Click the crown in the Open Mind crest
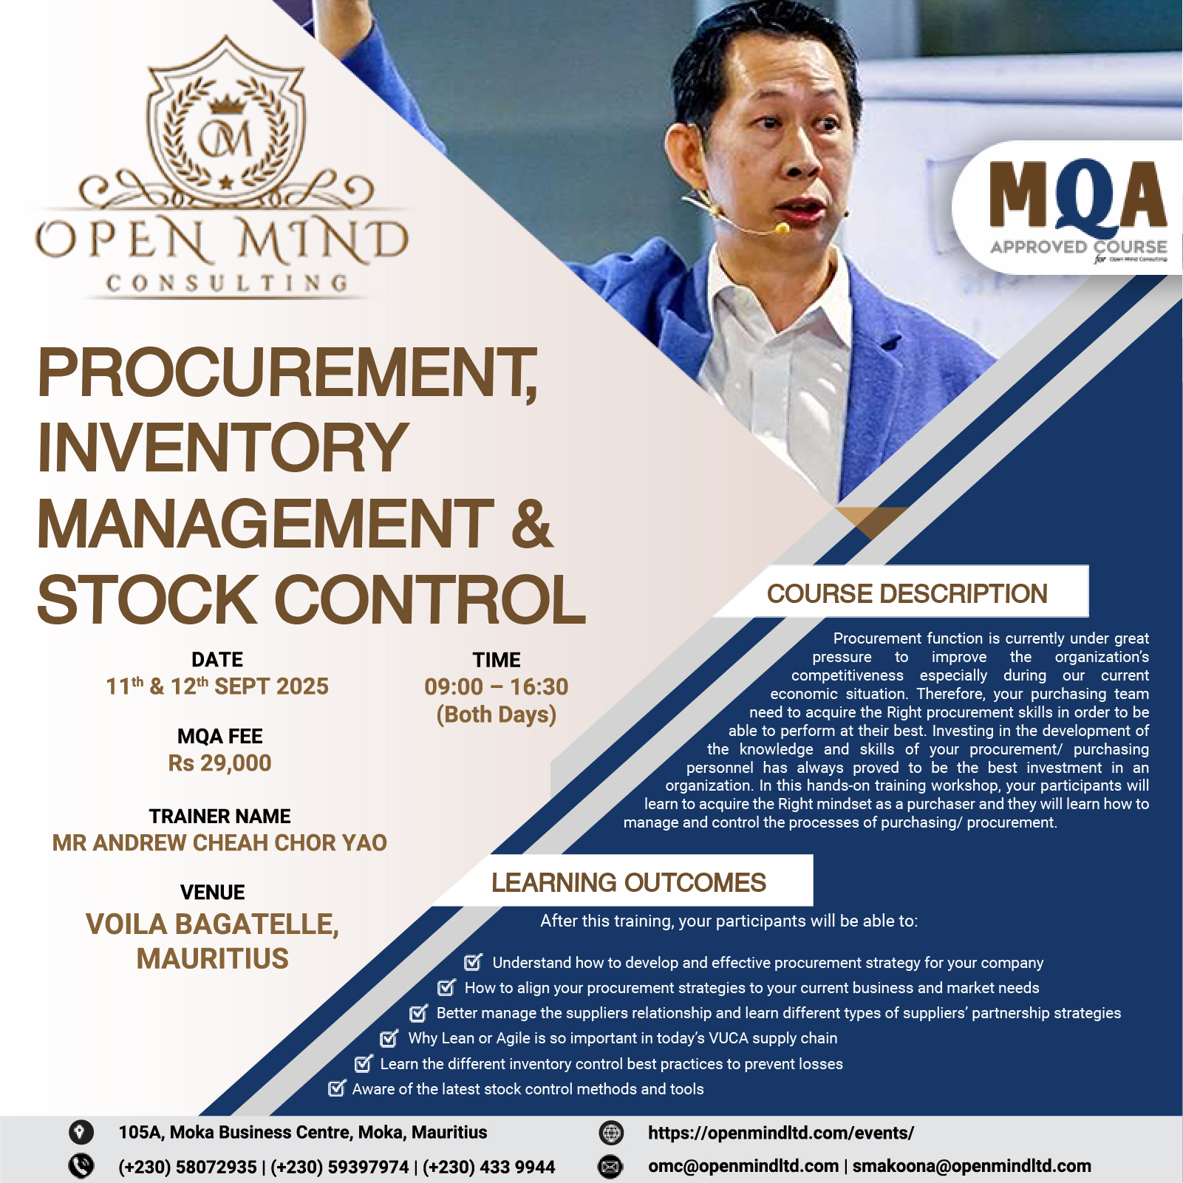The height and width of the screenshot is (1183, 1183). [227, 104]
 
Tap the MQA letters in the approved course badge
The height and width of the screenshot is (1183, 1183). [1077, 194]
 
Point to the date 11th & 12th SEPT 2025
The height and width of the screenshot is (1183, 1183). [217, 686]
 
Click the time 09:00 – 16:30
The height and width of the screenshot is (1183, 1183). [497, 686]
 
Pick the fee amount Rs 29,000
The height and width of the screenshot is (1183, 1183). [219, 763]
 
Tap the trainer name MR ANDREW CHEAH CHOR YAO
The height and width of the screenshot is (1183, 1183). [219, 842]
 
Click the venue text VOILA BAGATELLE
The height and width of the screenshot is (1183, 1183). [212, 924]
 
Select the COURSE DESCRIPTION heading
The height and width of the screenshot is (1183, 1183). [907, 593]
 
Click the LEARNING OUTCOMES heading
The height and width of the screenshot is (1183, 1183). [629, 882]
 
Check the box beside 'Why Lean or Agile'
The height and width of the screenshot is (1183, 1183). [389, 1038]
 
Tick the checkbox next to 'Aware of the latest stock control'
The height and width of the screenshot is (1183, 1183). [337, 1088]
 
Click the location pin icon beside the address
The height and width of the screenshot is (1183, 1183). [81, 1132]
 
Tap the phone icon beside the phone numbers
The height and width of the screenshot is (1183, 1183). [81, 1166]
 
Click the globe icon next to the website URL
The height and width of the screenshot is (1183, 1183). [611, 1132]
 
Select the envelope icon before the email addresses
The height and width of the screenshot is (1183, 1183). [610, 1167]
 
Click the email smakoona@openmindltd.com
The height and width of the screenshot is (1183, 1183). [972, 1166]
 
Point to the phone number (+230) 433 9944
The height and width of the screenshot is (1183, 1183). [488, 1167]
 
